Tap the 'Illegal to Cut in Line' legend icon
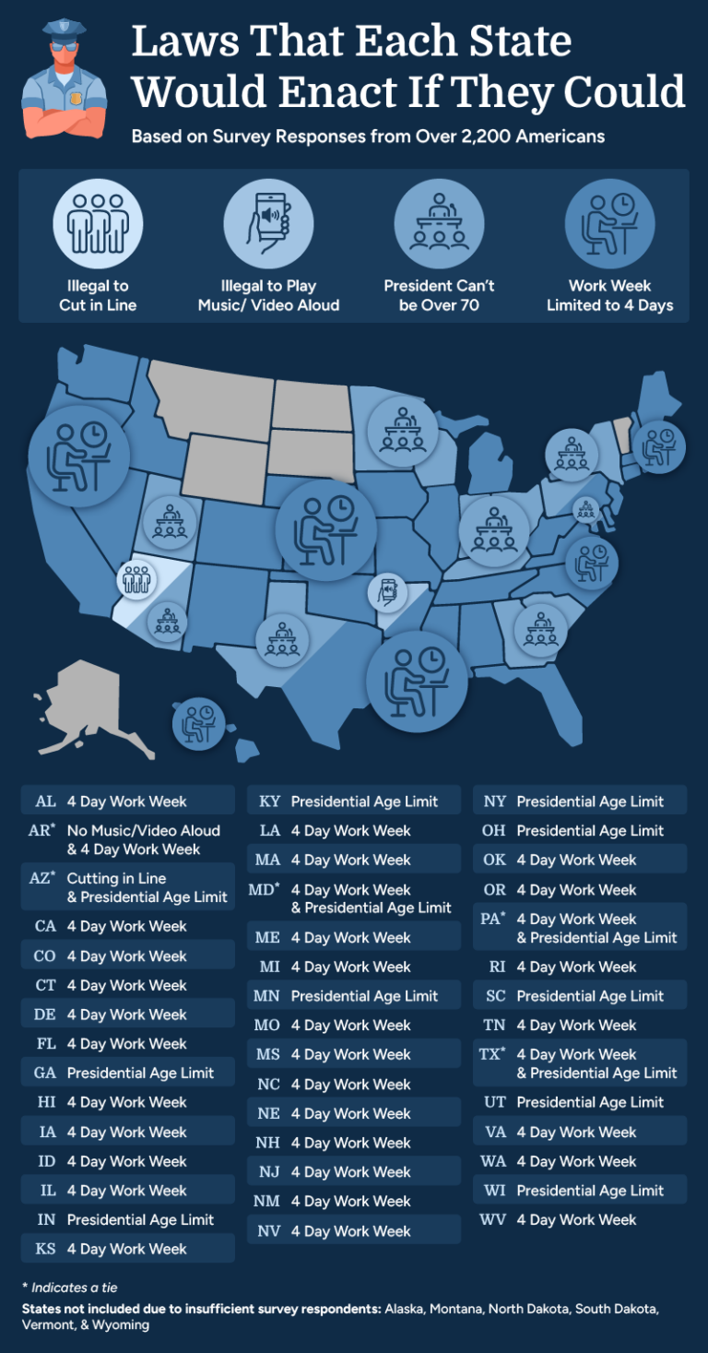click(98, 223)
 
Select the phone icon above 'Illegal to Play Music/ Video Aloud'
click(268, 223)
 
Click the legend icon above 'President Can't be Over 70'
click(439, 223)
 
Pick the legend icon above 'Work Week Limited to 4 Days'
click(609, 223)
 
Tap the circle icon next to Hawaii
click(198, 723)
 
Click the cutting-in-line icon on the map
click(136, 580)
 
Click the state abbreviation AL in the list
click(45, 801)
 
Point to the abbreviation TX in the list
click(490, 1053)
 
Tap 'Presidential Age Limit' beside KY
click(364, 801)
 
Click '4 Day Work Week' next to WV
click(576, 1220)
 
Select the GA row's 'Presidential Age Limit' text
click(140, 1074)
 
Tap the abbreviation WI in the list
click(494, 1191)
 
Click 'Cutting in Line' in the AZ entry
click(116, 879)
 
